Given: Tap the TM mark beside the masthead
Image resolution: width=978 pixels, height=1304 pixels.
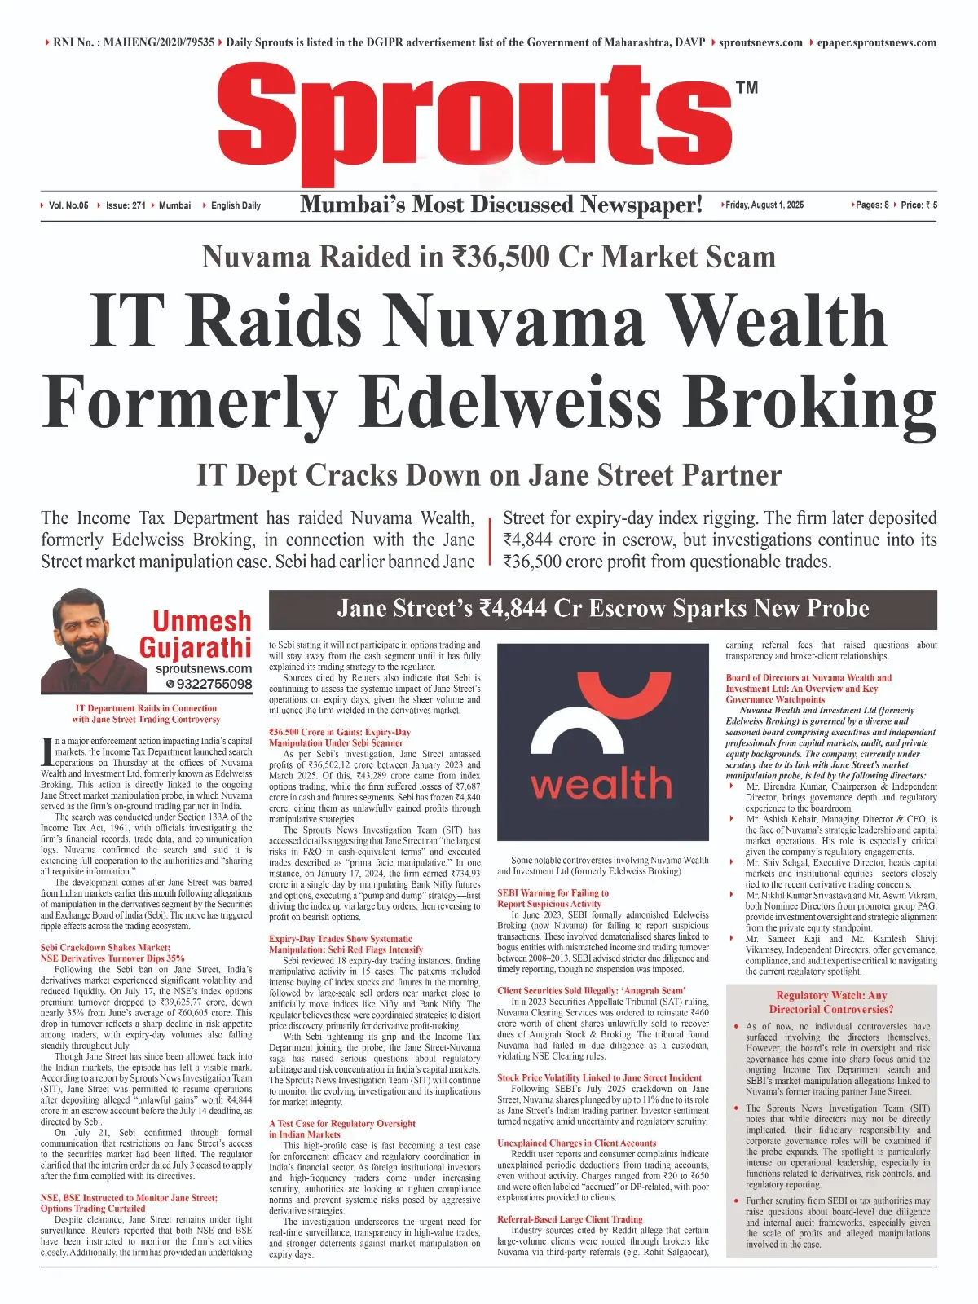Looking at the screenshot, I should (747, 87).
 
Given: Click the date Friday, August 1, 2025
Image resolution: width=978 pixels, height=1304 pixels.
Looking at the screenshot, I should (764, 205).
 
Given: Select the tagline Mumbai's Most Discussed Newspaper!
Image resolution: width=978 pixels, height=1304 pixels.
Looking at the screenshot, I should (501, 205).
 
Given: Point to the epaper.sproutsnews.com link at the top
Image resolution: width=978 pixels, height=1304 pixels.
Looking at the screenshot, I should (876, 42).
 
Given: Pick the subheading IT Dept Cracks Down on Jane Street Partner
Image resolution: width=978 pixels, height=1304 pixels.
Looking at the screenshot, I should (489, 475).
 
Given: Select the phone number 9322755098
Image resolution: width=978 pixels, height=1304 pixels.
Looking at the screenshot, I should (214, 684).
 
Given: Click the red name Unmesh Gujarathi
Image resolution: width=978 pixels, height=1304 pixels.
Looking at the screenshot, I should (196, 634).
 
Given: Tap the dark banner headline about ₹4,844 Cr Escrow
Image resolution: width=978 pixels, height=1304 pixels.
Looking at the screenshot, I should (603, 609).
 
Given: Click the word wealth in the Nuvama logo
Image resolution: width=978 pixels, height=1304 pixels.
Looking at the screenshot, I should (601, 783).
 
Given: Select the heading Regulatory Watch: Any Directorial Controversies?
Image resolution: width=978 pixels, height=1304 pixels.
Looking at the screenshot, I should (831, 1002).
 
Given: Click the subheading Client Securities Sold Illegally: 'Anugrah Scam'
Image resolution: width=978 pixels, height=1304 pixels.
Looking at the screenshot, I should (592, 990).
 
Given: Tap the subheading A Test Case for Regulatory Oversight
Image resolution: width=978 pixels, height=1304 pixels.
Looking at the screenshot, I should (342, 1123).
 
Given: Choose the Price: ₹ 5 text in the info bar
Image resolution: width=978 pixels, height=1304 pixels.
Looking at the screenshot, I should (919, 205).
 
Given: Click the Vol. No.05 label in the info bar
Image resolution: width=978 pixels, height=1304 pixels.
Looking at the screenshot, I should (68, 205).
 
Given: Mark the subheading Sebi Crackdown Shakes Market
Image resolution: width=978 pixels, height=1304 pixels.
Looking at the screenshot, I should (106, 948).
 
